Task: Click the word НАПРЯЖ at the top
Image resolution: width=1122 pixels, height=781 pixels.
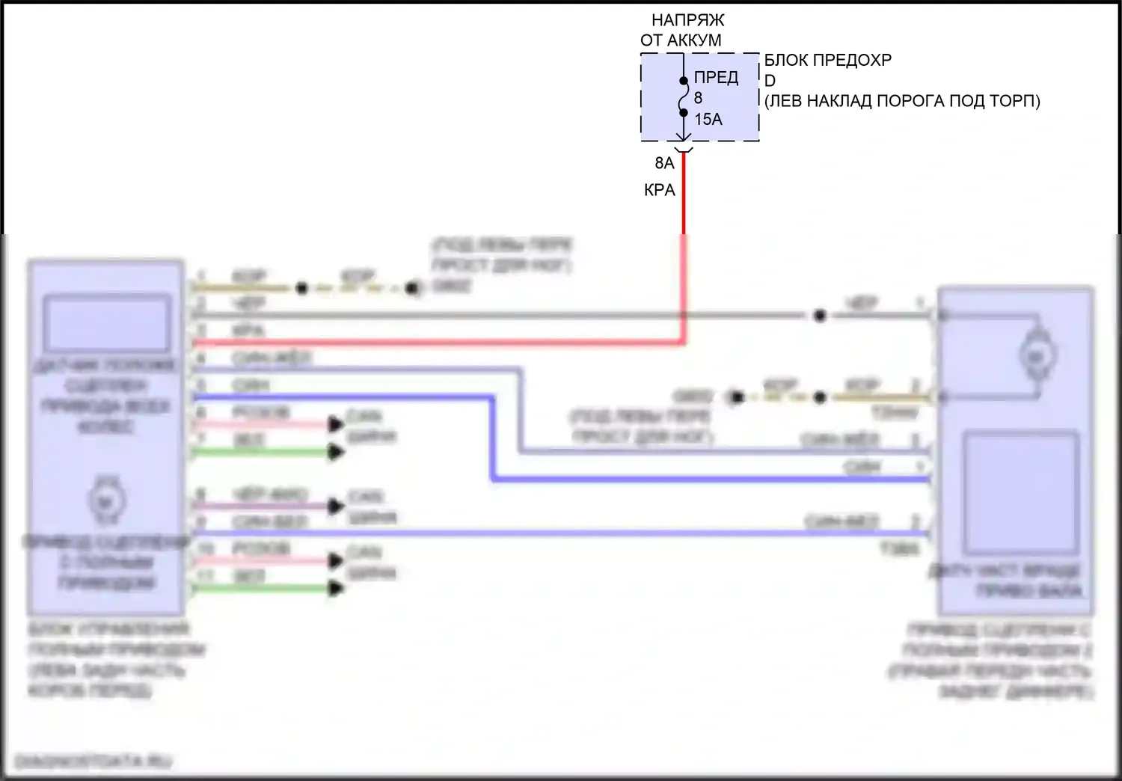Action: tap(687, 20)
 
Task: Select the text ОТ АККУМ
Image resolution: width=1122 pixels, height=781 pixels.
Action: tap(681, 41)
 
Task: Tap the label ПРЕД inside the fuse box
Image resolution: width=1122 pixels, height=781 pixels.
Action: tap(716, 78)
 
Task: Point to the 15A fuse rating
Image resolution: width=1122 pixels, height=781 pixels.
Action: tap(708, 120)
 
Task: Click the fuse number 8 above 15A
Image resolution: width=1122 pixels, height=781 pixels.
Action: tap(698, 98)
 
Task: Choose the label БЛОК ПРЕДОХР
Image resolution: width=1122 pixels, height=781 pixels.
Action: tap(827, 60)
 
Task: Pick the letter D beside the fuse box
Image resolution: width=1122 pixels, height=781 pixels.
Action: tap(770, 81)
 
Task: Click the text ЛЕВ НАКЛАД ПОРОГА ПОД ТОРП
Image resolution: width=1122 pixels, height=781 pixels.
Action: tap(902, 101)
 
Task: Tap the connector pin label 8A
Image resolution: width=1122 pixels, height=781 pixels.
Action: tap(664, 163)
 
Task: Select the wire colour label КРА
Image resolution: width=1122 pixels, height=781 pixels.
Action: tap(659, 191)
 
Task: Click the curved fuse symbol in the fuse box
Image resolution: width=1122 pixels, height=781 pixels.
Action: tap(683, 97)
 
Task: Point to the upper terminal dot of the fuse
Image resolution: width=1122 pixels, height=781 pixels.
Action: tap(683, 81)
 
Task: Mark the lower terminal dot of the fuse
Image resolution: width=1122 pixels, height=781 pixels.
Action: tap(683, 113)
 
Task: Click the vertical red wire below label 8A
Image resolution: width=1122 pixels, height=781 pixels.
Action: tap(683, 202)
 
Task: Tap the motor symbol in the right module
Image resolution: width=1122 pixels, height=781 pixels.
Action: tap(1036, 357)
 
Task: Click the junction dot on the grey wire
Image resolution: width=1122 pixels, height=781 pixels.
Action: tap(820, 316)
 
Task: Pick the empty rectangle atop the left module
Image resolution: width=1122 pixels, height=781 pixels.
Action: tap(105, 323)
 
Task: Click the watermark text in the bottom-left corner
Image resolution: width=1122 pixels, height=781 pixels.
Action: tap(93, 762)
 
